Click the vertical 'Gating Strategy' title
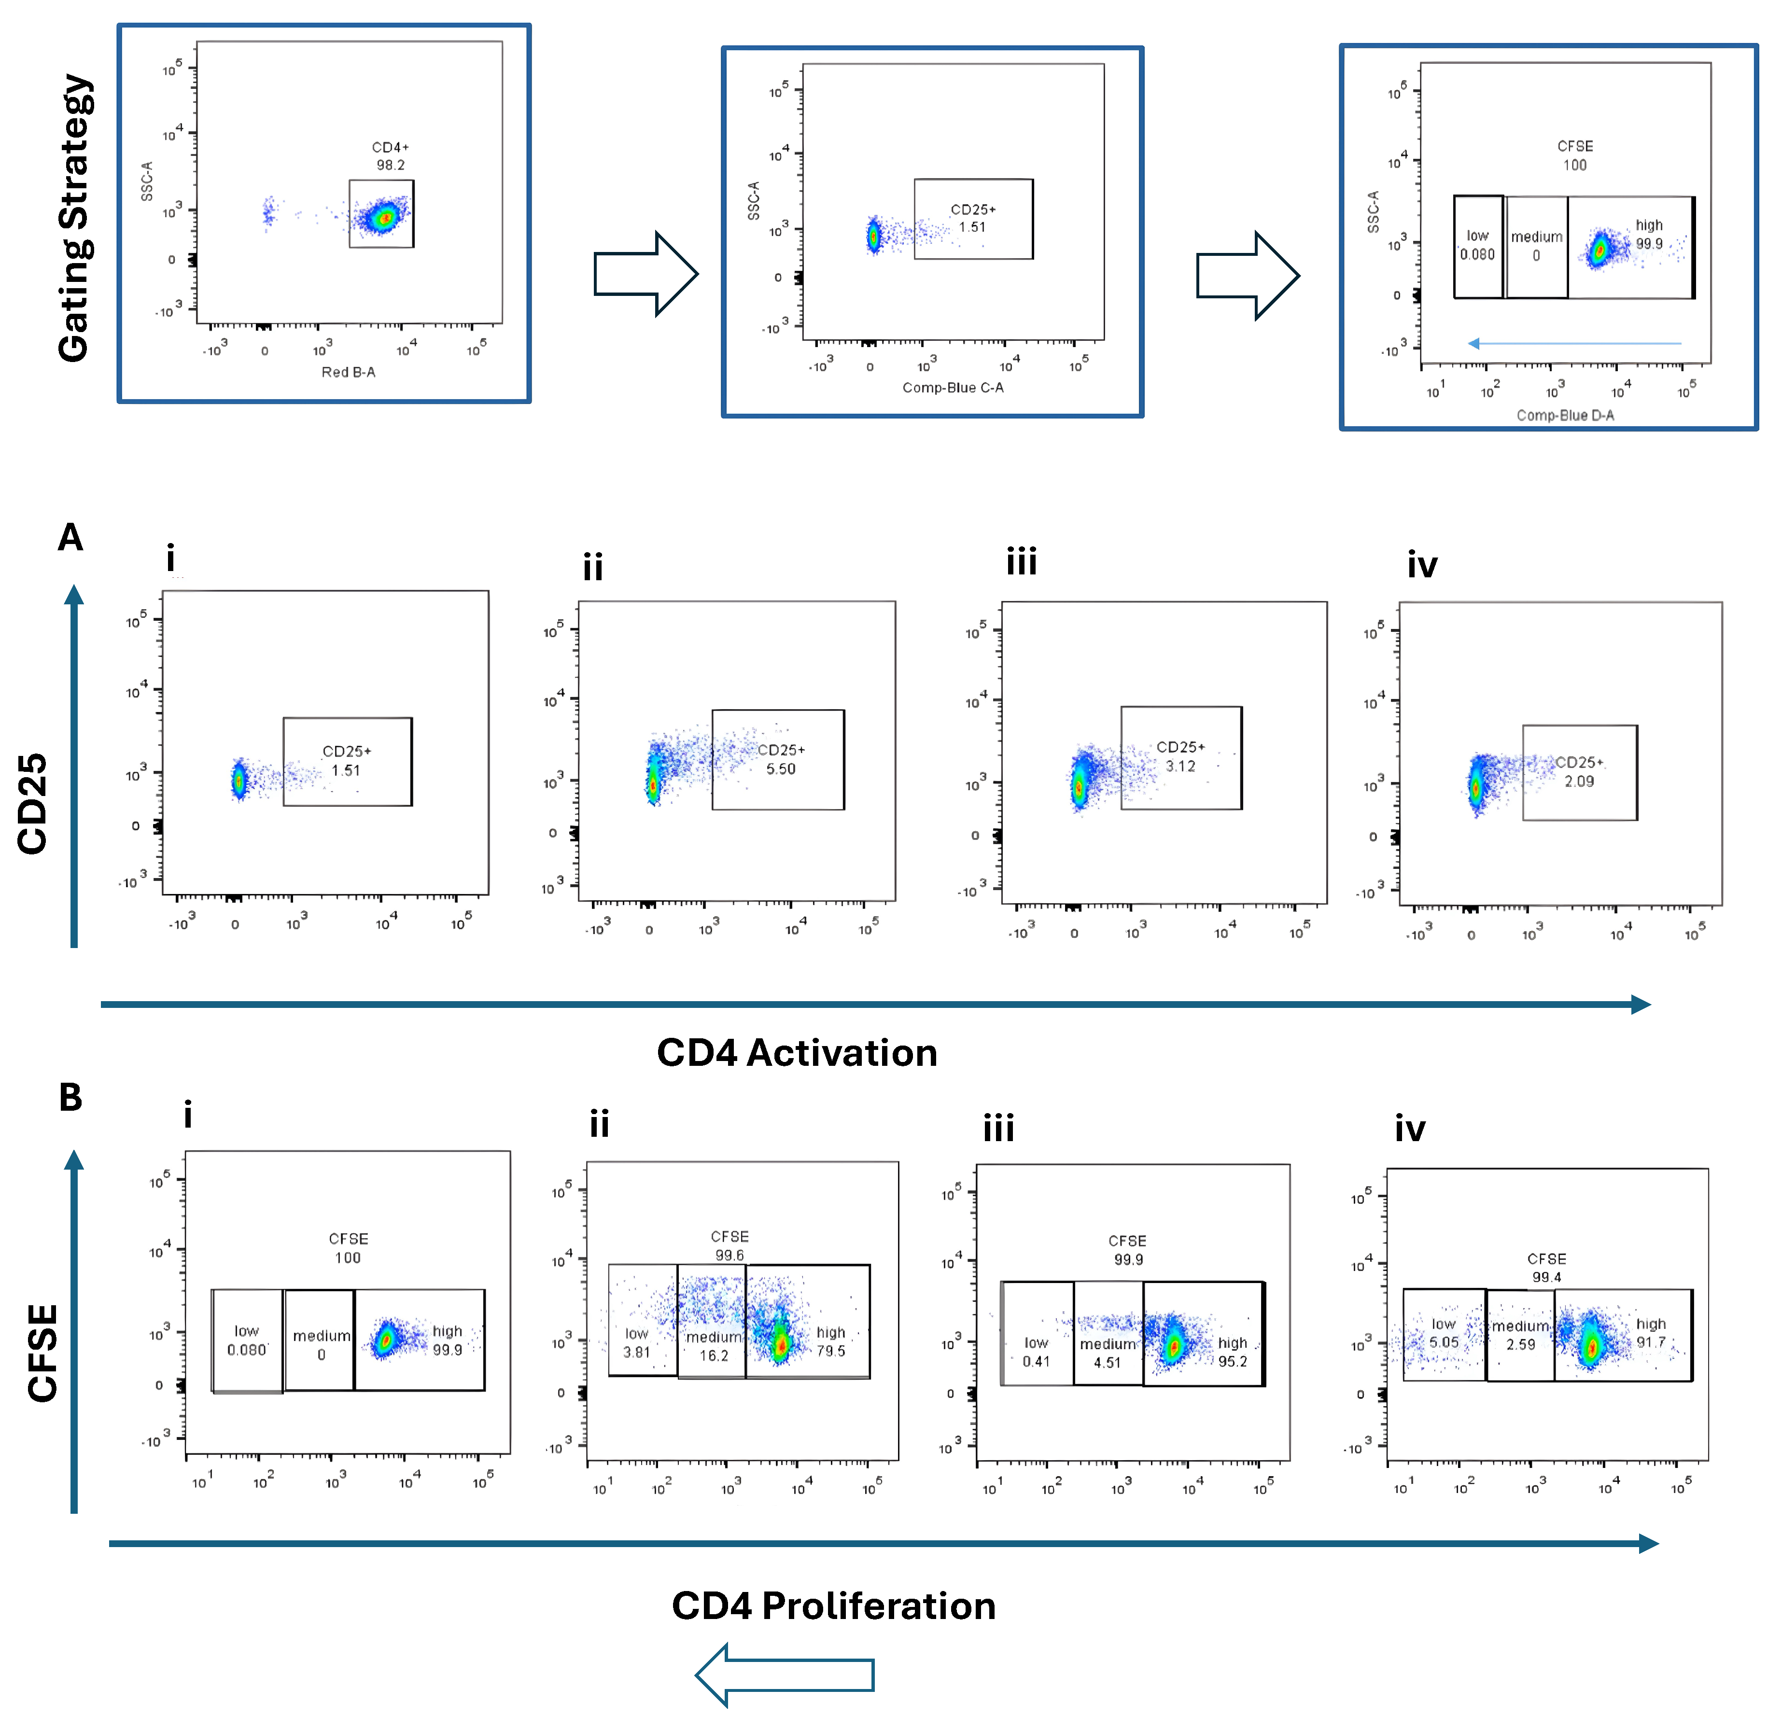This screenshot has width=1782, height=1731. (74, 218)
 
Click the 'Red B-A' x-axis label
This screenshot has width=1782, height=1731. (348, 372)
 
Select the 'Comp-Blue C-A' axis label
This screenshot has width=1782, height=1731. (953, 387)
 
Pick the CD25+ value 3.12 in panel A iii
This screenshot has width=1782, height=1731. (1180, 767)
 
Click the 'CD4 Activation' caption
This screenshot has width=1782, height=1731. (797, 1053)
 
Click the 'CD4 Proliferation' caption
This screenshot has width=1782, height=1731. (833, 1605)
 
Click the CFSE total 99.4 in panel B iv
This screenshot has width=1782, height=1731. (1546, 1277)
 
